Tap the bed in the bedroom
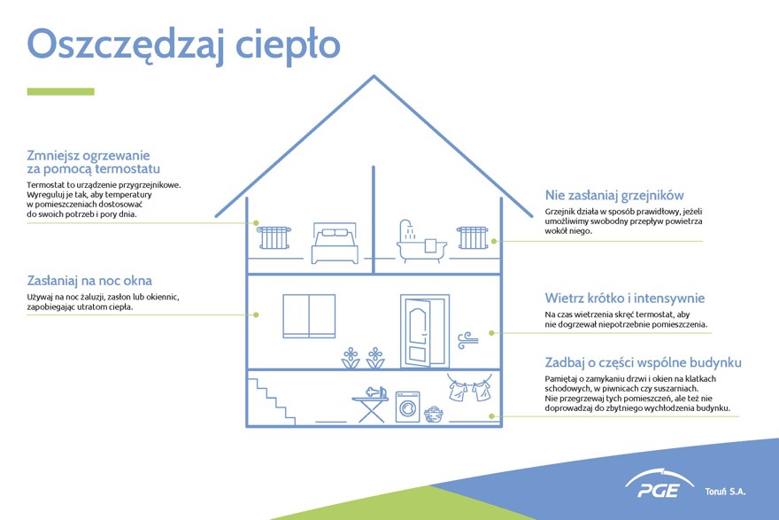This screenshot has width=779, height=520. pyautogui.click(x=335, y=243)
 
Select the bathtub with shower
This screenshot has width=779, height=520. pyautogui.click(x=420, y=242)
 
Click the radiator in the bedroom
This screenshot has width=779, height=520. pyautogui.click(x=274, y=237)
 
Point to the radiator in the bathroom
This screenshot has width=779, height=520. pyautogui.click(x=473, y=237)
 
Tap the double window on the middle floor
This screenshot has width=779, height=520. pyautogui.click(x=309, y=316)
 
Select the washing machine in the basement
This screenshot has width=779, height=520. pyautogui.click(x=408, y=407)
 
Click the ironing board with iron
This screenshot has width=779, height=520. pyautogui.click(x=371, y=405)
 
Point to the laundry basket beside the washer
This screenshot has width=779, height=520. pyautogui.click(x=434, y=414)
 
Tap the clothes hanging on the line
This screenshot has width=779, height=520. pyautogui.click(x=469, y=388)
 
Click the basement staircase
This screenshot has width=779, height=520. pyautogui.click(x=272, y=401)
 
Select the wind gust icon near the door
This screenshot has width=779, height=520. pyautogui.click(x=467, y=340)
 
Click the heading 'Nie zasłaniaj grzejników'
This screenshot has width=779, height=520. pyautogui.click(x=614, y=196)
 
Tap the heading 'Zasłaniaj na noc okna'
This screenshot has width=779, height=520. pyautogui.click(x=89, y=281)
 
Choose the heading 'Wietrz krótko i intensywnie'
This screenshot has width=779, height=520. pyautogui.click(x=624, y=299)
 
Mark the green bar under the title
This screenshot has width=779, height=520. pyautogui.click(x=60, y=91)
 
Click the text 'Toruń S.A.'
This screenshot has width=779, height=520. pyautogui.click(x=725, y=492)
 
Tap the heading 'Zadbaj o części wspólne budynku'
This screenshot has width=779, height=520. pyautogui.click(x=643, y=362)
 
